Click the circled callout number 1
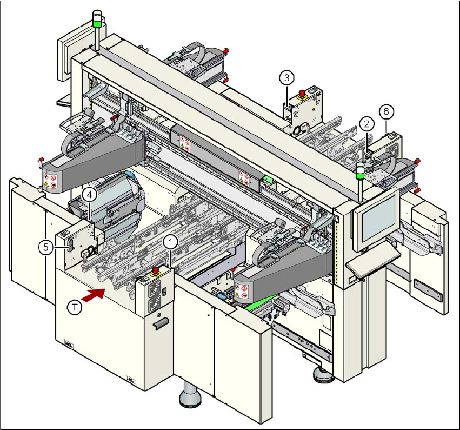171,241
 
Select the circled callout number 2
366,124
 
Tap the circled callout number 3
287,77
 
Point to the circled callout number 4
90,193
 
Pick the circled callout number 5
46,246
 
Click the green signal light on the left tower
97,22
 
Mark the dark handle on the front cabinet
161,324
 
